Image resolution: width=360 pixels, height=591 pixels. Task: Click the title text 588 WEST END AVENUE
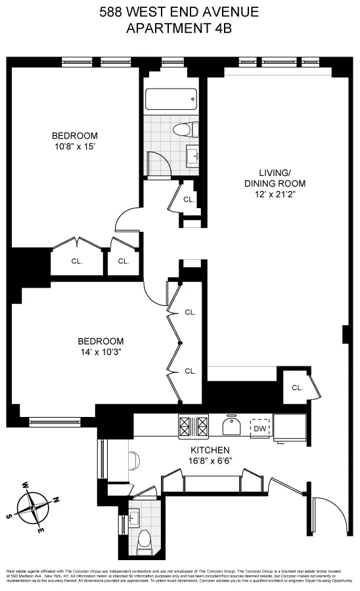pyautogui.click(x=179, y=12)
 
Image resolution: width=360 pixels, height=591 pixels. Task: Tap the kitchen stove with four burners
pyautogui.click(x=193, y=427)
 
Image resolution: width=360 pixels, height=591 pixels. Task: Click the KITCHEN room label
pyautogui.click(x=210, y=450)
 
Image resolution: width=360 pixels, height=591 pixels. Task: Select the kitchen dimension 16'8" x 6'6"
pyautogui.click(x=210, y=460)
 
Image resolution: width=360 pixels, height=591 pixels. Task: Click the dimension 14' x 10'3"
pyautogui.click(x=100, y=351)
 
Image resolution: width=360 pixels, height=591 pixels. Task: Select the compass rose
pyautogui.click(x=32, y=507)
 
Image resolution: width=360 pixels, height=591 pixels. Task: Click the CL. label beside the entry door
pyautogui.click(x=297, y=388)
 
